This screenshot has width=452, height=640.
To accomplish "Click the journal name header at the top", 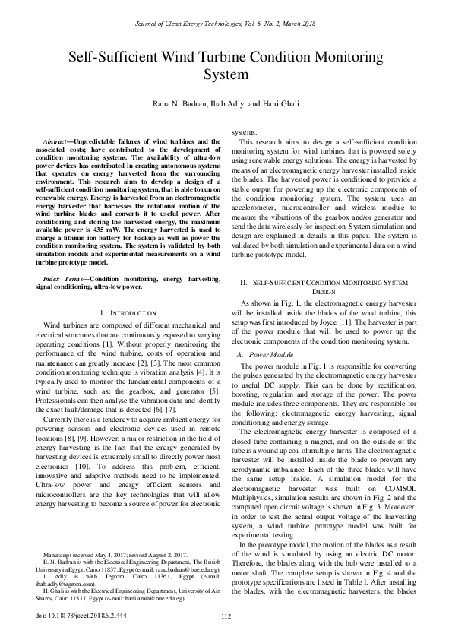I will (226, 26).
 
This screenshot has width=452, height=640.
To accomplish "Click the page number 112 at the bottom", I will (226, 615).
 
